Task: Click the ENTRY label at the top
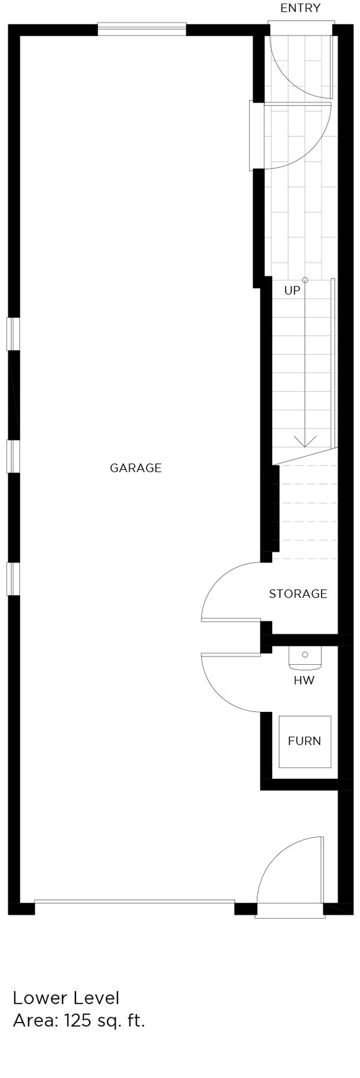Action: point(300,8)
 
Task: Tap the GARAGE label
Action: point(136,468)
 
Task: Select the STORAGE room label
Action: point(298,594)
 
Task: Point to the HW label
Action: point(305,680)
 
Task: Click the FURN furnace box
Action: point(305,741)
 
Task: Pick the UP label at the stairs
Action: point(292,290)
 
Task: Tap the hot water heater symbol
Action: point(305,658)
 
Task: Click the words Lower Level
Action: point(66,998)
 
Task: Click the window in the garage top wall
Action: point(142,29)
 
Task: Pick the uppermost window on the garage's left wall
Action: point(13,334)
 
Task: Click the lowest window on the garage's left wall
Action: point(13,579)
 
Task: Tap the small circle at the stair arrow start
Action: point(305,280)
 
